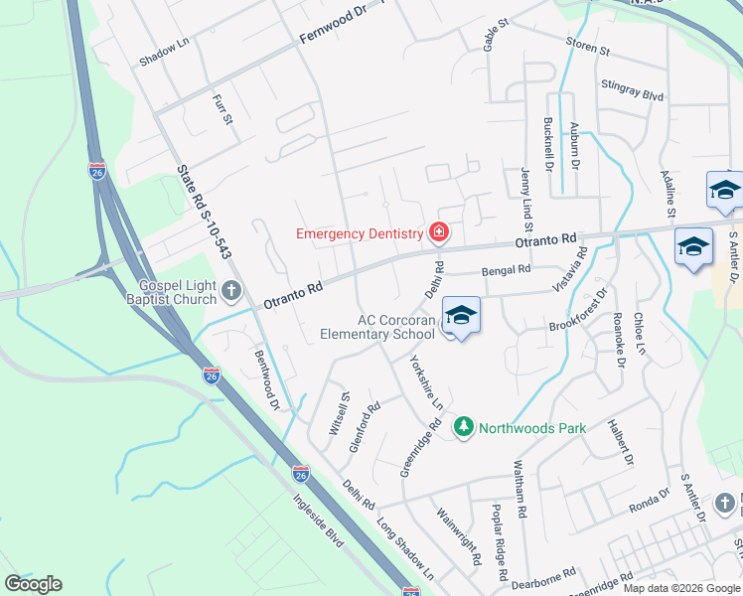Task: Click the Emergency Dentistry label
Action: [360, 233]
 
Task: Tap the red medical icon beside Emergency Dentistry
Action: [437, 233]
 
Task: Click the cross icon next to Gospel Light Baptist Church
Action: [231, 291]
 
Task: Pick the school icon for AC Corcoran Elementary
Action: [461, 315]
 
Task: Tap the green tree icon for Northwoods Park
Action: [463, 427]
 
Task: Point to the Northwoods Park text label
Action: [532, 428]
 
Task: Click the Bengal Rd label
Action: [507, 269]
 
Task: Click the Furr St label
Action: [223, 109]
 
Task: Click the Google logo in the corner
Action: [34, 584]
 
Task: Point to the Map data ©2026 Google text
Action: [681, 588]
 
